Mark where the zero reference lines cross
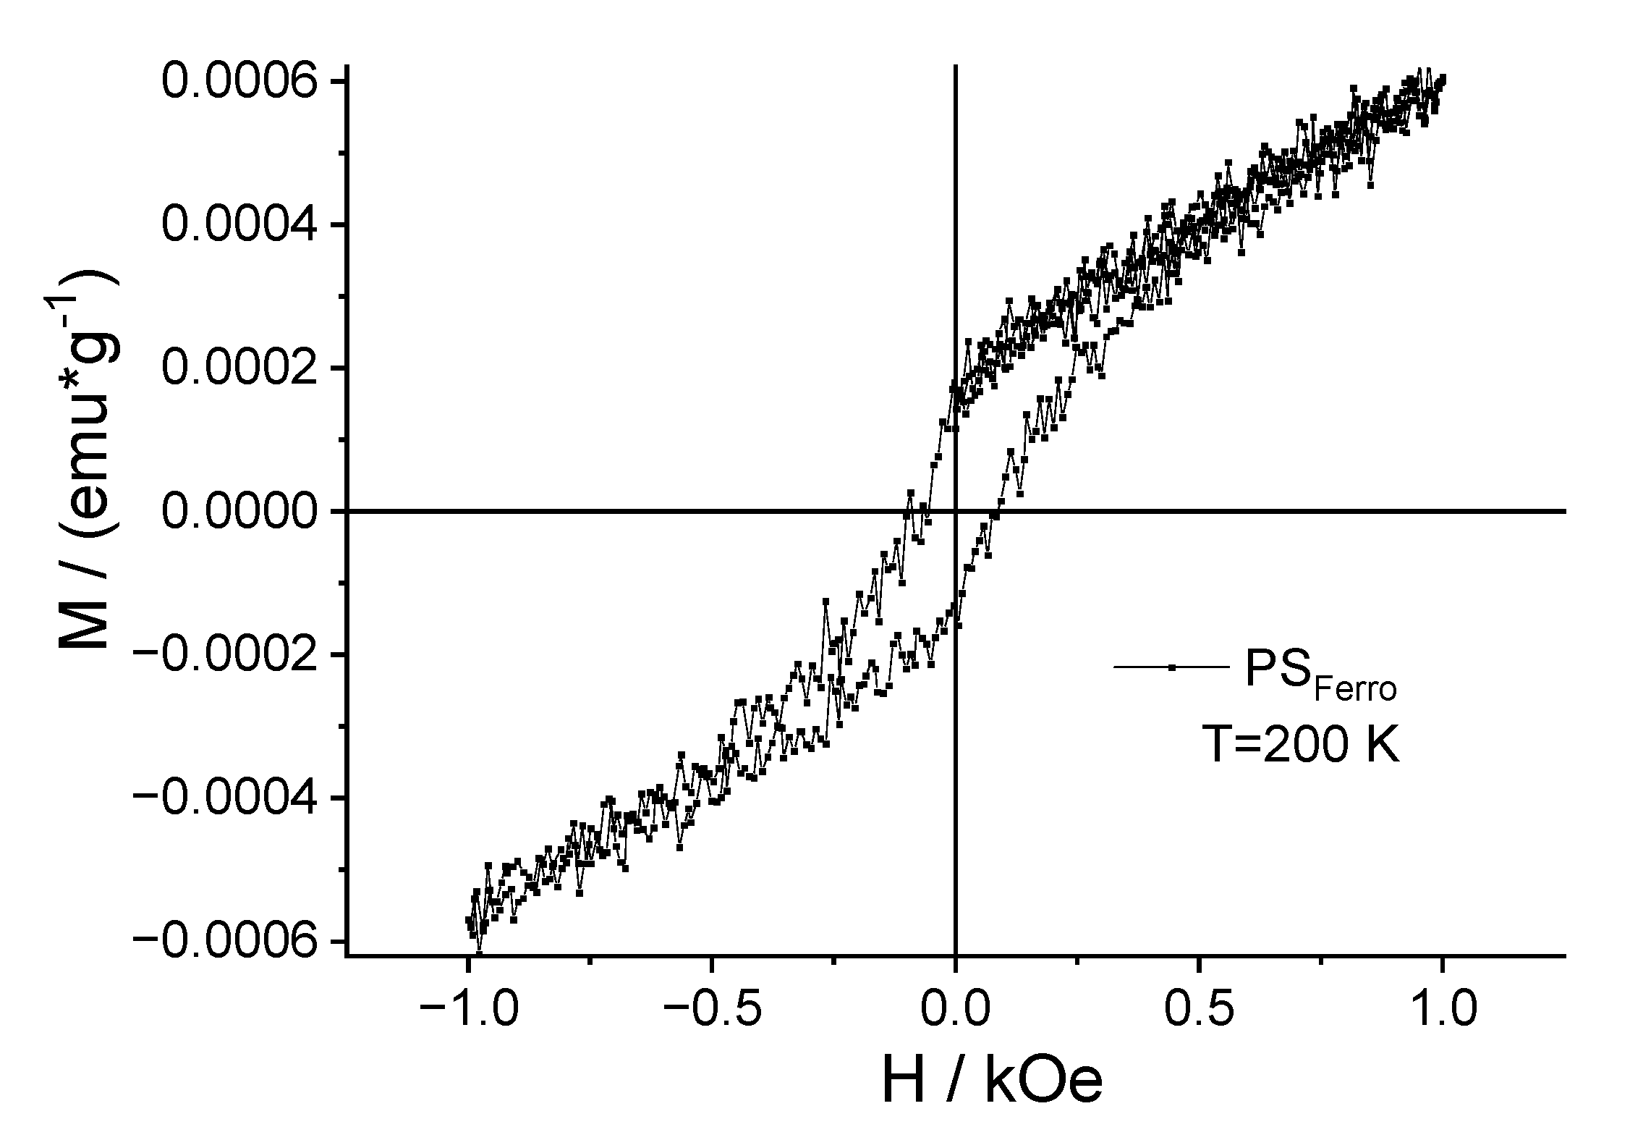pos(956,511)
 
